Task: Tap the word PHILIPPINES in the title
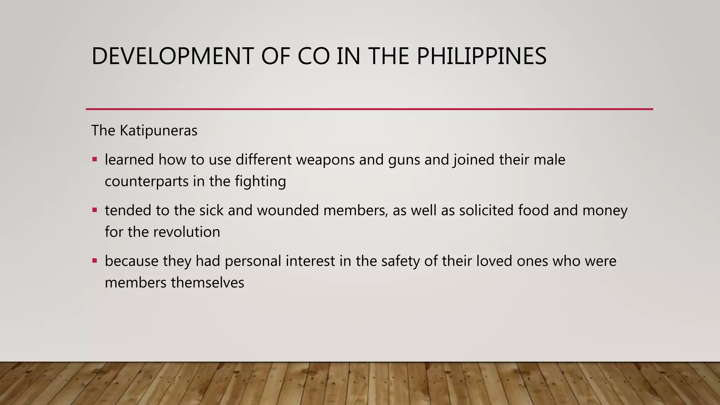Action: coord(481,56)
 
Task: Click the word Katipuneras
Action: coord(159,131)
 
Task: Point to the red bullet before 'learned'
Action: coord(95,160)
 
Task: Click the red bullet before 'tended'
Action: coord(95,210)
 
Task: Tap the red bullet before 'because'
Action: coord(95,261)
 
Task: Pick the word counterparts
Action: coord(147,182)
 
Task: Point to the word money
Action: coord(605,211)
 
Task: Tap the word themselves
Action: coord(207,283)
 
